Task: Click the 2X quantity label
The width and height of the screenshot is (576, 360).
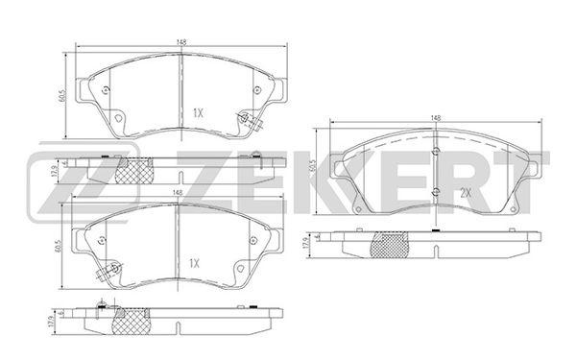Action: tap(466, 193)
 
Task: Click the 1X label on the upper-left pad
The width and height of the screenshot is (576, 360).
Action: tap(198, 113)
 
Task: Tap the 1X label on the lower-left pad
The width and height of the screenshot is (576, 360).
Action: tap(194, 263)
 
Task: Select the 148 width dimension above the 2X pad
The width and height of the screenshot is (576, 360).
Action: tap(436, 118)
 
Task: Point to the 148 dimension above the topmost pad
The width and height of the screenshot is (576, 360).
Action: tap(180, 42)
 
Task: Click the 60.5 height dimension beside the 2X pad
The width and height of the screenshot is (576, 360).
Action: tap(313, 166)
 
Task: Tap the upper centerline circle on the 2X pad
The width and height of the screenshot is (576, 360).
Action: tap(436, 151)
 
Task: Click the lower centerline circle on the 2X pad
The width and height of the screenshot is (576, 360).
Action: tap(436, 191)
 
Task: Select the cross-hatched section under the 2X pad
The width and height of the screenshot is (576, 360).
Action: tap(389, 245)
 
